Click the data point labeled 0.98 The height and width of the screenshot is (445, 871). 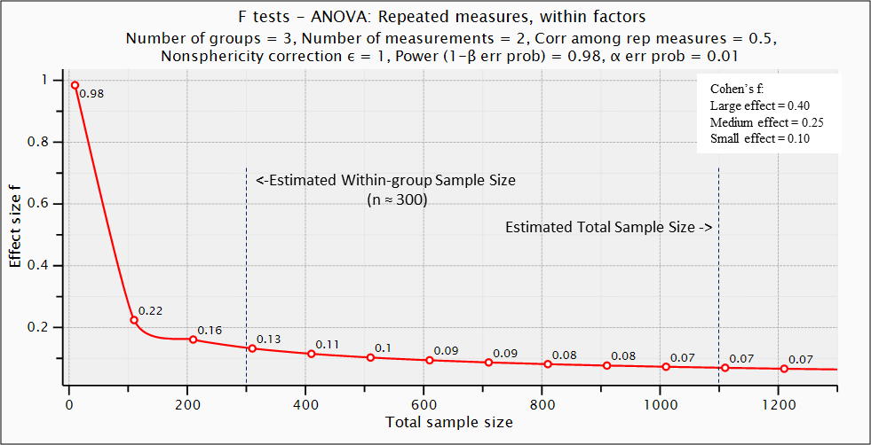click(75, 85)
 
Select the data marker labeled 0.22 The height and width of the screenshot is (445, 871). click(134, 320)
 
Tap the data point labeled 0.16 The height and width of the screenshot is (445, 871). click(193, 340)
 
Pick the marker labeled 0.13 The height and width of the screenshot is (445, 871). click(252, 348)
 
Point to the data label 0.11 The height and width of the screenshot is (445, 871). click(328, 345)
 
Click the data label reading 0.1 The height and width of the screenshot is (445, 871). click(383, 348)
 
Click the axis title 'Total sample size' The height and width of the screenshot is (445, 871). click(449, 422)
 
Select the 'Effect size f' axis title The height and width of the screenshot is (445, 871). click(15, 222)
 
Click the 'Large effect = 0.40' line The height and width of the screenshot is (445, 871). click(760, 105)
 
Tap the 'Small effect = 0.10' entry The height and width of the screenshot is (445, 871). click(760, 139)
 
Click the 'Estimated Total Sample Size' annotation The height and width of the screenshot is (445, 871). click(609, 227)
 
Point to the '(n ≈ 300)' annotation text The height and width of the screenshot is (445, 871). click(397, 200)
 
